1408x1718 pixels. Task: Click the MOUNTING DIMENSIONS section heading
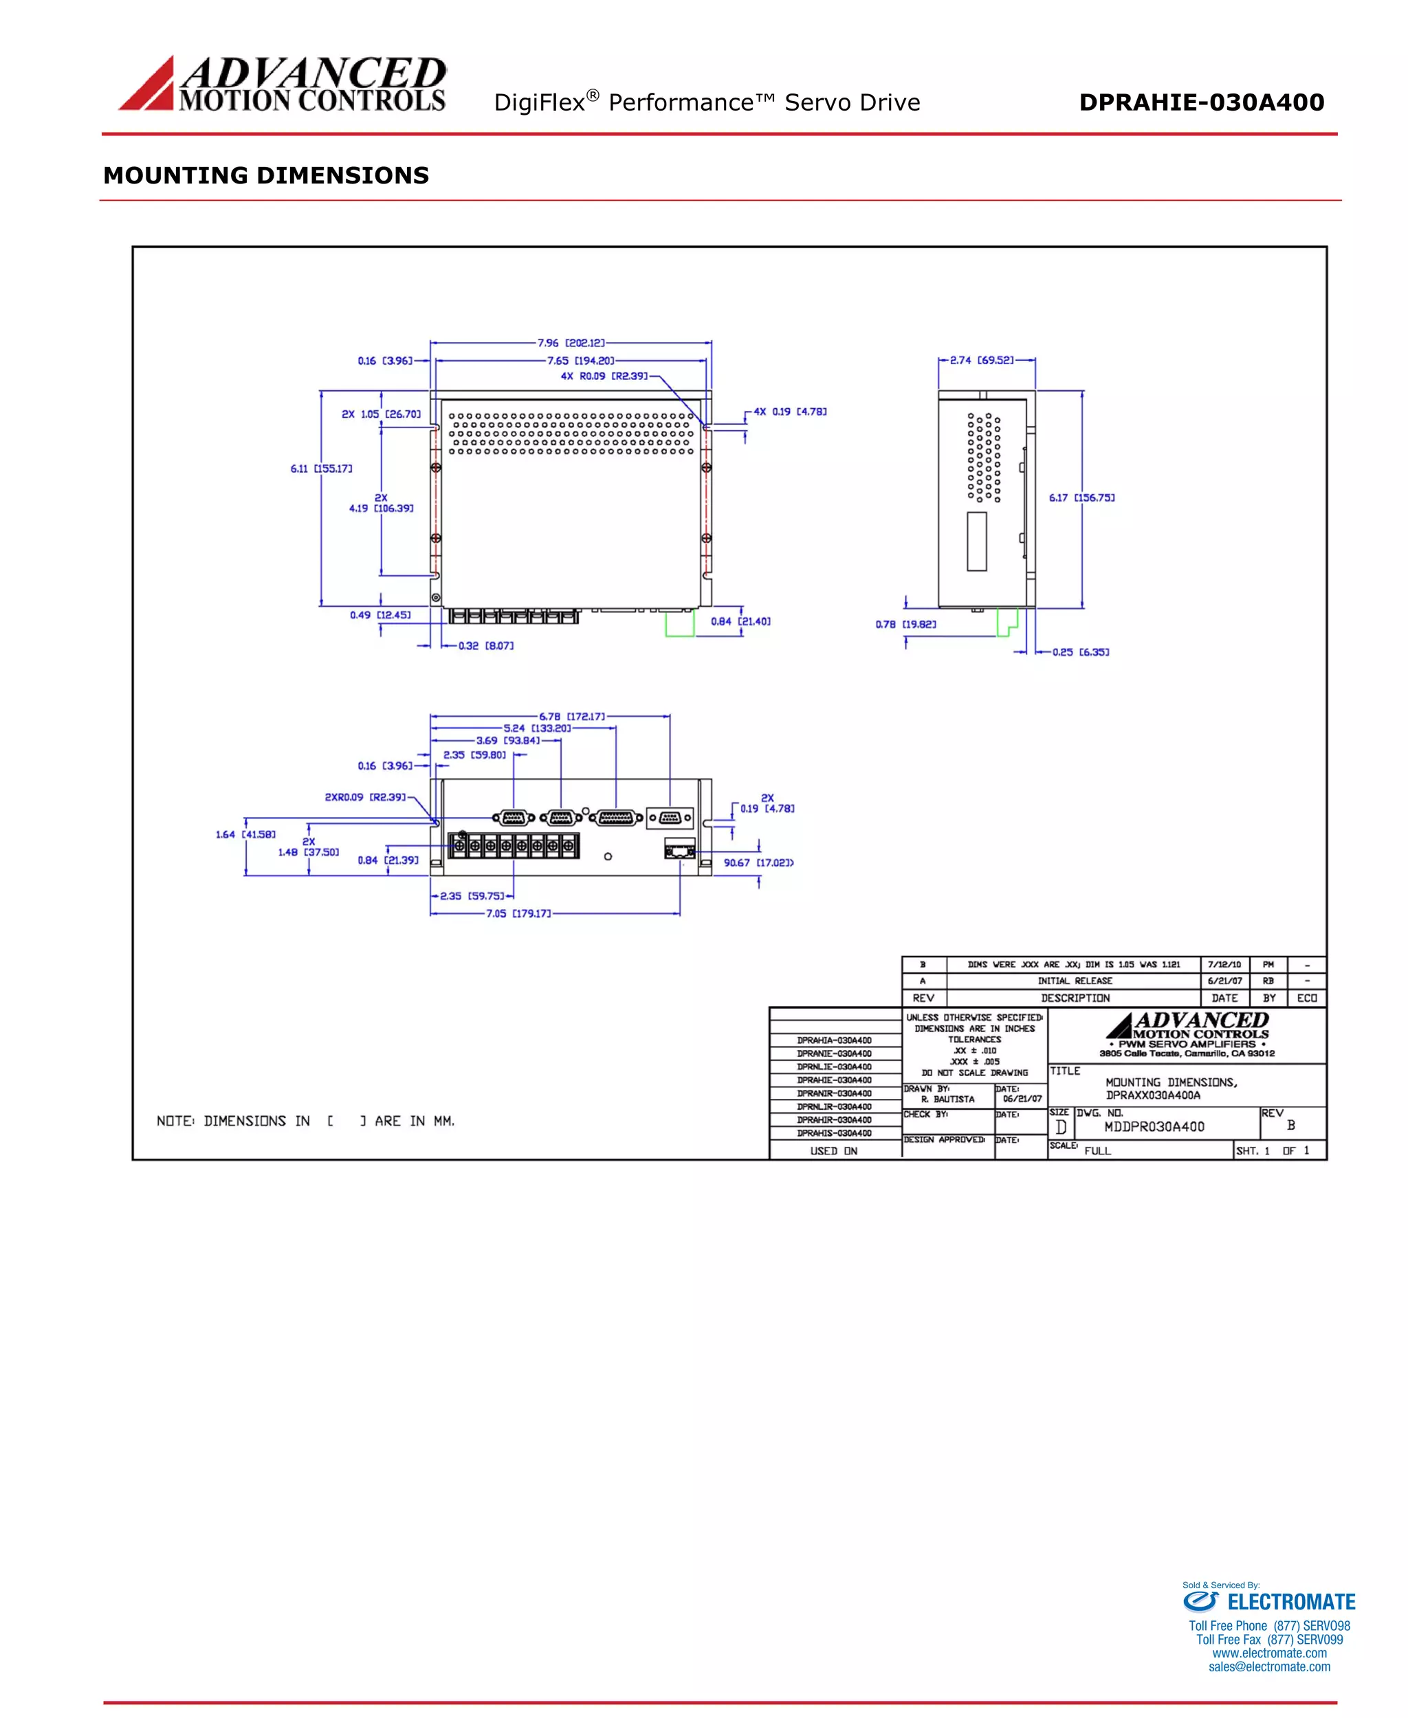(x=266, y=175)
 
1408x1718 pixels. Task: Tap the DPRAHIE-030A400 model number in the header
(x=1201, y=102)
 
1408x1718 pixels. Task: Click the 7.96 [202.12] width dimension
(x=572, y=343)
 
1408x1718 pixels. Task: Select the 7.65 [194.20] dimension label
(x=581, y=361)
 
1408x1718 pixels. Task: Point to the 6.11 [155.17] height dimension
(x=321, y=469)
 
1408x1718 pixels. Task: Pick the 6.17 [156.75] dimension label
(x=1081, y=498)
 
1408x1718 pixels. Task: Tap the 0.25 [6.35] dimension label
(x=1080, y=652)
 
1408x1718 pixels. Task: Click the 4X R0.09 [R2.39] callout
(x=604, y=376)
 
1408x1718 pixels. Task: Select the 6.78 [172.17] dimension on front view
(x=572, y=717)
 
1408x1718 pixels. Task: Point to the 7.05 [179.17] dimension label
(x=518, y=914)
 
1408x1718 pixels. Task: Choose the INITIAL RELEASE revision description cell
(x=1075, y=981)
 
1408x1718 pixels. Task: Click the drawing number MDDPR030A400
(x=1154, y=1127)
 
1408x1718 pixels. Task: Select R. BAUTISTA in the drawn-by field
(x=947, y=1100)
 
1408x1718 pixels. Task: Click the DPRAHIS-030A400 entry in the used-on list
(x=834, y=1133)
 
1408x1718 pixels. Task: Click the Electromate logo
(x=1268, y=1602)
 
